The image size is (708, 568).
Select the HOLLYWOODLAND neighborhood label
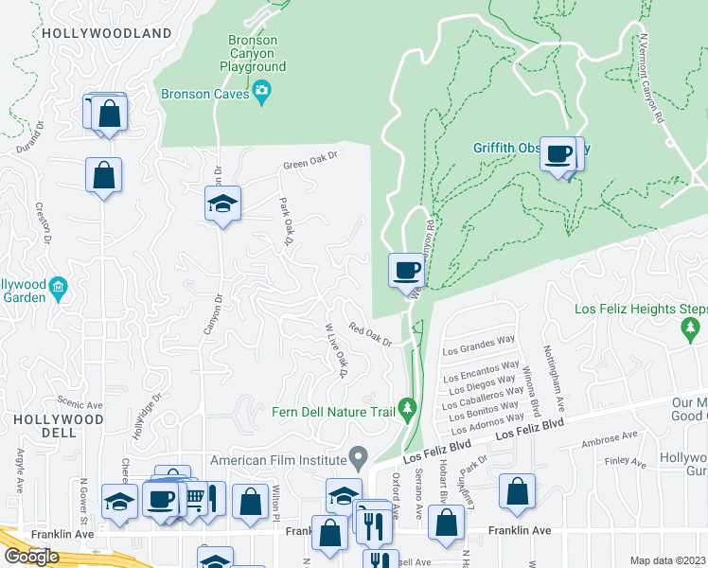[94, 32]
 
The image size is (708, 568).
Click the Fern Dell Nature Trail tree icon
[408, 409]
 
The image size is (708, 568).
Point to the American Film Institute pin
[358, 459]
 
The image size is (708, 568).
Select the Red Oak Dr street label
[370, 334]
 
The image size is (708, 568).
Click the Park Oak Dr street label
[283, 222]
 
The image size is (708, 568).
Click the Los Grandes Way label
[478, 346]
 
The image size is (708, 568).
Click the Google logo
[30, 556]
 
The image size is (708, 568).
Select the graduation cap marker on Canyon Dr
[222, 204]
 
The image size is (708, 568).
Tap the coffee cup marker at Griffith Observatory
[558, 153]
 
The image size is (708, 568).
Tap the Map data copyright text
[667, 559]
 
